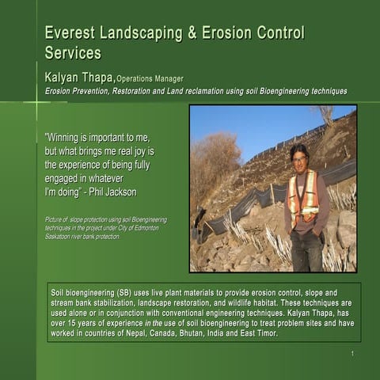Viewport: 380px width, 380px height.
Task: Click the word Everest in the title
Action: pos(71,33)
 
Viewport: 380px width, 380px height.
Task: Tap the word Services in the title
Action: pos(73,54)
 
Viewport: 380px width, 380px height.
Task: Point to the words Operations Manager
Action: pos(150,78)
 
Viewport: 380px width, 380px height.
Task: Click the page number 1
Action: pos(351,353)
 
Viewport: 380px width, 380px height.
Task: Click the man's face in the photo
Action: pos(299,158)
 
